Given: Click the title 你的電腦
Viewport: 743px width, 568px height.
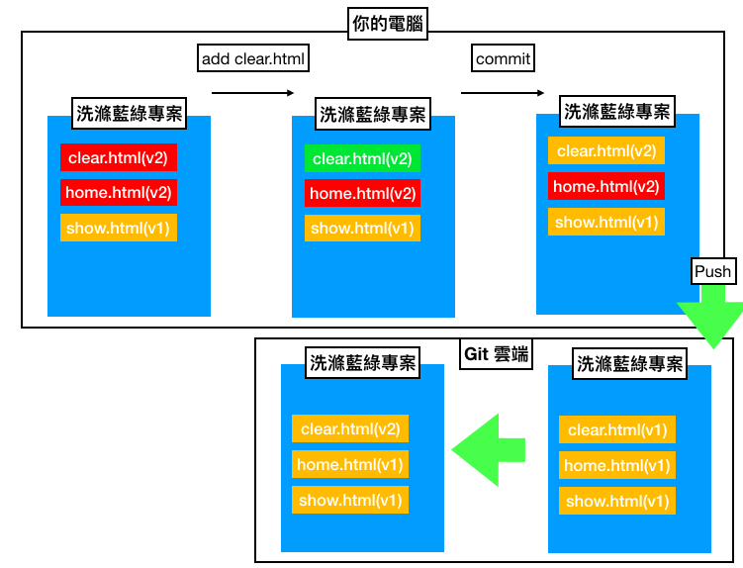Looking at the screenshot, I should point(387,23).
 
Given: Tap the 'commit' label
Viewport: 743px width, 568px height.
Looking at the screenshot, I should point(503,59).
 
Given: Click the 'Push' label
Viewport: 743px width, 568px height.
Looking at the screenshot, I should point(712,271).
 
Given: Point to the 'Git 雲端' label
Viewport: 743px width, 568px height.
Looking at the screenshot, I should point(496,354).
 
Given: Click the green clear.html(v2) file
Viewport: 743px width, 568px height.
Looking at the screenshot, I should point(362,158).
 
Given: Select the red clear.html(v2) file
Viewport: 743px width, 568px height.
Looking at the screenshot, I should point(119,156).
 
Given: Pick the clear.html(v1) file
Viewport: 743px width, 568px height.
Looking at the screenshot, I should point(617,429).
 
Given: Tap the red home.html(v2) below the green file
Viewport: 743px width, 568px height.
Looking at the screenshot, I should point(362,193).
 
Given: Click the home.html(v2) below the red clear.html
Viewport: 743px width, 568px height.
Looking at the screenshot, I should point(119,192).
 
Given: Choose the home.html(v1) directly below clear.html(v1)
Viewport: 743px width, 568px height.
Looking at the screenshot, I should point(617,465).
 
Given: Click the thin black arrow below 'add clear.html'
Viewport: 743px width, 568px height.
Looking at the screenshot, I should point(253,93).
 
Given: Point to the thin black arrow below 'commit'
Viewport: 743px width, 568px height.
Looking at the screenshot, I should point(503,93).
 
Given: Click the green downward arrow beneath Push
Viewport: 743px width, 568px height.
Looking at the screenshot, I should point(711,317).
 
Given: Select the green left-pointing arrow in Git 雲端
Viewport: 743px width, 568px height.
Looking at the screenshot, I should point(490,450).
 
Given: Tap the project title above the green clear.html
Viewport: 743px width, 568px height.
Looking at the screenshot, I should point(372,115).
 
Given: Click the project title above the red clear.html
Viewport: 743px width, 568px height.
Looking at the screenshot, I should point(129,112).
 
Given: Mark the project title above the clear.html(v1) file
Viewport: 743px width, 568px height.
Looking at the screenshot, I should point(629,364).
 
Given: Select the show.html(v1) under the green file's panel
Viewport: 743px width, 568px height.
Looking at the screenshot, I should point(362,229).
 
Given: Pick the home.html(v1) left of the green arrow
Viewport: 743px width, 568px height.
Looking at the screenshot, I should point(350,464).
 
